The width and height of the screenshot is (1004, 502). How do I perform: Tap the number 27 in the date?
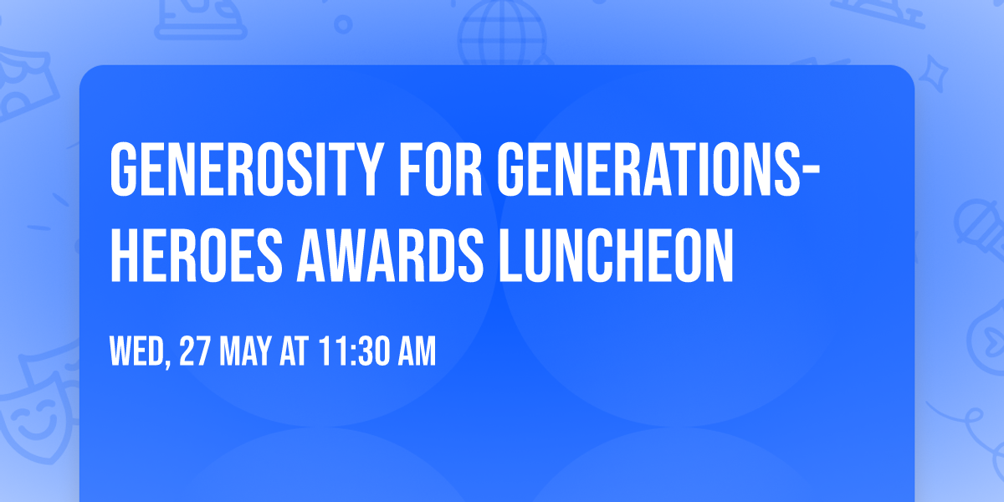pyautogui.click(x=195, y=351)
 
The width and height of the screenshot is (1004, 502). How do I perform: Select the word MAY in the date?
pyautogui.click(x=248, y=351)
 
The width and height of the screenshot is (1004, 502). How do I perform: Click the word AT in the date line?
pyautogui.click(x=295, y=351)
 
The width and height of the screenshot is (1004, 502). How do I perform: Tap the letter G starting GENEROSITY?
pyautogui.click(x=125, y=169)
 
